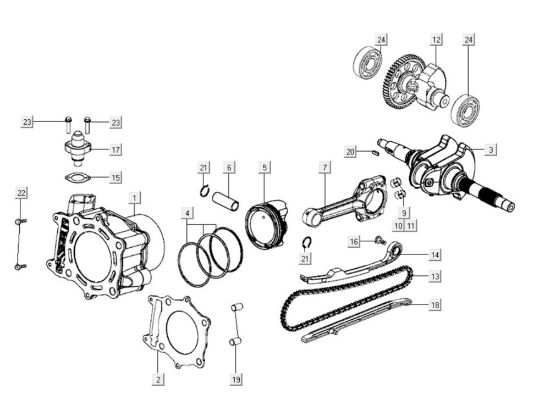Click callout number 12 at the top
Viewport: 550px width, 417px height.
436,40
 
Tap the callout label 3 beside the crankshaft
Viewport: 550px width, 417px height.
491,149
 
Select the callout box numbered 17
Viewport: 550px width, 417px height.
116,149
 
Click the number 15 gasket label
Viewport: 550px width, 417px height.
116,177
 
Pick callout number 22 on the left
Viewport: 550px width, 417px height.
21,193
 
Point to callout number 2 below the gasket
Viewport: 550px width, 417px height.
158,379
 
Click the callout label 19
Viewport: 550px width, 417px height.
236,379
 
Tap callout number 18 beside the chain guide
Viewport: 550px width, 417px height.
435,304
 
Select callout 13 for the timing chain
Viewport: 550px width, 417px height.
435,276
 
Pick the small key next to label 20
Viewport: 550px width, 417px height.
375,153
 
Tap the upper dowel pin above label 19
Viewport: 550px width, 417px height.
237,307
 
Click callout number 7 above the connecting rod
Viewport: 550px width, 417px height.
324,166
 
